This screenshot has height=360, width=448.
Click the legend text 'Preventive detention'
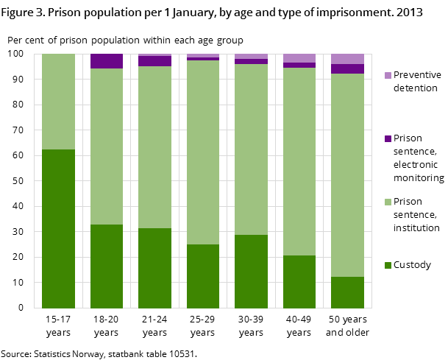tap(417, 82)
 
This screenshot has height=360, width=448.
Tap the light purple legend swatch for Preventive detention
tap(388, 76)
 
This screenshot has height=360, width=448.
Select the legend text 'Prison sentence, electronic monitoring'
tap(418, 158)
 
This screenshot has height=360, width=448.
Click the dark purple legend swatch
tap(388, 139)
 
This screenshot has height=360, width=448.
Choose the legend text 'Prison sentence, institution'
tap(416, 214)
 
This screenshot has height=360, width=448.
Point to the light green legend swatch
tap(388, 202)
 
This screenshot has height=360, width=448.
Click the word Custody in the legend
tap(412, 265)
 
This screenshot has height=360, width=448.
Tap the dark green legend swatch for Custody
tap(388, 266)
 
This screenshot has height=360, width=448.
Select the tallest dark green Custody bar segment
tap(58, 228)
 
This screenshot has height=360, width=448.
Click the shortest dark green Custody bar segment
tap(347, 292)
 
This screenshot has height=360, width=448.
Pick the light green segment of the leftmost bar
tap(58, 102)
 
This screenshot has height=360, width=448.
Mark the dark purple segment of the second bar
tap(107, 61)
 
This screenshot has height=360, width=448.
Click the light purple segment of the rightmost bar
tap(347, 59)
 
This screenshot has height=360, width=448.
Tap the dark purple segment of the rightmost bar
tap(347, 69)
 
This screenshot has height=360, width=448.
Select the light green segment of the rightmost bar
tap(347, 175)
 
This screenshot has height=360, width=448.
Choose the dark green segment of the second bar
tap(107, 266)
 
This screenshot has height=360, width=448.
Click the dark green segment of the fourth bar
tap(203, 276)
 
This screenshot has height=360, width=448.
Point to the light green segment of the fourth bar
tap(203, 152)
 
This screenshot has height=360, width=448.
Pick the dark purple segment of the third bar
tap(154, 61)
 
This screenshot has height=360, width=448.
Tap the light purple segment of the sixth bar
tap(299, 58)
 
